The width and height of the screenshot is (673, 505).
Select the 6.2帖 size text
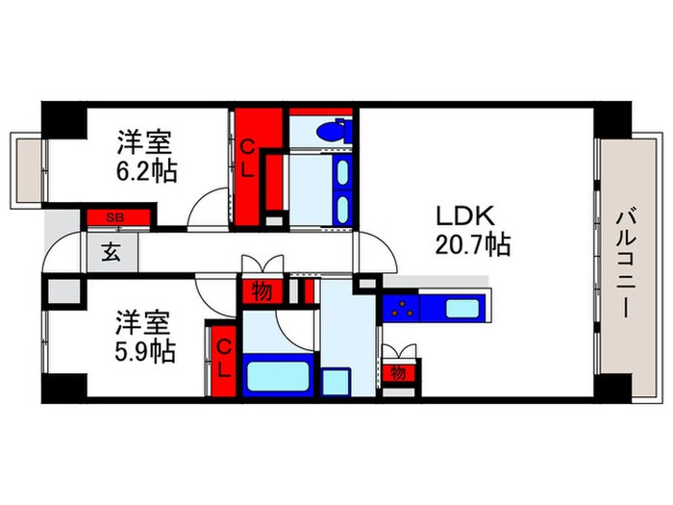pos(144,171)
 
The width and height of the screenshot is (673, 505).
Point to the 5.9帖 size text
pos(144,351)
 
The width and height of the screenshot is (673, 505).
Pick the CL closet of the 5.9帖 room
pos(222,358)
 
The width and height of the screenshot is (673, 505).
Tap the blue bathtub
pos(278,374)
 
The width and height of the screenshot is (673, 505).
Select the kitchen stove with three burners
pos(402,310)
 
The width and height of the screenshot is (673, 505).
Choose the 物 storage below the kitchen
pos(398,371)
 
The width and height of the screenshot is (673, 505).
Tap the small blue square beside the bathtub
pos(336,380)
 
